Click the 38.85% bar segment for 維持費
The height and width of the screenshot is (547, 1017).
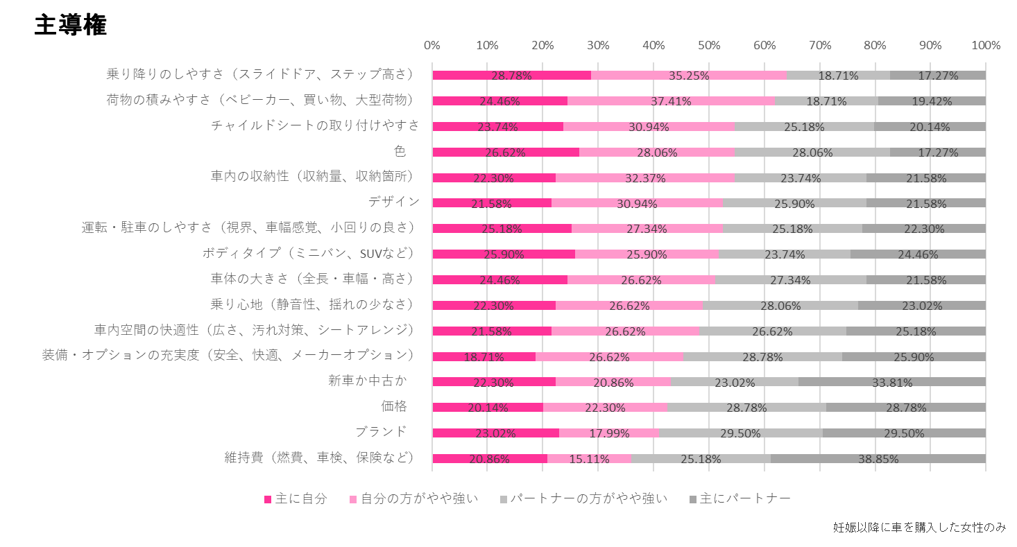pyautogui.click(x=878, y=458)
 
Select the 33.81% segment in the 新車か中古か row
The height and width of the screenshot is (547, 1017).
pyautogui.click(x=891, y=381)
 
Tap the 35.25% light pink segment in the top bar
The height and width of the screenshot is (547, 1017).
pyautogui.click(x=688, y=75)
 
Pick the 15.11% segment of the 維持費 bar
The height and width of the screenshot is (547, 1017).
pyautogui.click(x=589, y=458)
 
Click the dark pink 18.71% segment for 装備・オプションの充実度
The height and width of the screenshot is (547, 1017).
pyautogui.click(x=484, y=356)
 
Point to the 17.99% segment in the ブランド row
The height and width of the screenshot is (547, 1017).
pyautogui.click(x=608, y=433)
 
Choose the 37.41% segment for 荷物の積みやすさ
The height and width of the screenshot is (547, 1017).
pyautogui.click(x=671, y=101)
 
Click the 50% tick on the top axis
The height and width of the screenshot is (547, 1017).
pyautogui.click(x=708, y=46)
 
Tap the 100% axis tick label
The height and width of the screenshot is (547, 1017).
pyautogui.click(x=986, y=46)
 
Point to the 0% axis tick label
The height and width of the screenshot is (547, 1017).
pyautogui.click(x=431, y=46)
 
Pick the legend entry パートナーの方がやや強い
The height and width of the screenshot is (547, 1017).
pyautogui.click(x=588, y=498)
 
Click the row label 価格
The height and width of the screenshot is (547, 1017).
pyautogui.click(x=393, y=406)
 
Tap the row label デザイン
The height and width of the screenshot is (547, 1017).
pyautogui.click(x=393, y=202)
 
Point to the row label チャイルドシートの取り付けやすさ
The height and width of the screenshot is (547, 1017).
pyautogui.click(x=315, y=125)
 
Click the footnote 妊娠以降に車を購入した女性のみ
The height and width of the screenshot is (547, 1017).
pyautogui.click(x=918, y=528)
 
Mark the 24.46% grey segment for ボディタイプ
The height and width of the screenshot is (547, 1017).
pyautogui.click(x=918, y=254)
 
